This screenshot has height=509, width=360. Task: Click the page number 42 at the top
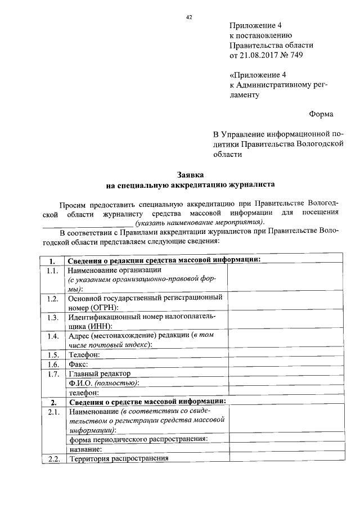coord(190,17)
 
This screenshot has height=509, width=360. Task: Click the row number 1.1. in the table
coord(53,271)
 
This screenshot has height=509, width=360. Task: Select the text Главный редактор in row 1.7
coord(99,373)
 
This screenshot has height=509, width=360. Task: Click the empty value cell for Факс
coord(283,364)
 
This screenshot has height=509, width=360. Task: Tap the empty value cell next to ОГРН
coord(283,303)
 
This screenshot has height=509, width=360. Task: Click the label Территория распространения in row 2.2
coord(119,459)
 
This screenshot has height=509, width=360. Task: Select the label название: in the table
coord(85,449)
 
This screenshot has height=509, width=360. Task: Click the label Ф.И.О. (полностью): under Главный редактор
coord(104,383)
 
